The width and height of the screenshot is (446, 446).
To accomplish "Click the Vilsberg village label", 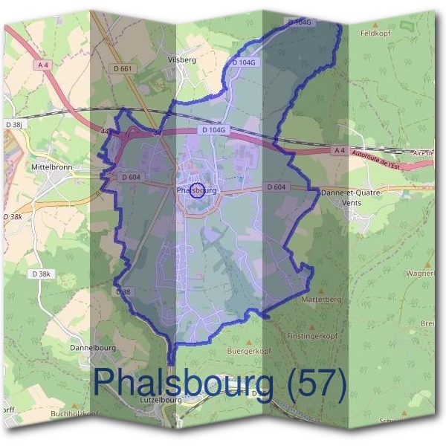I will click(x=183, y=59).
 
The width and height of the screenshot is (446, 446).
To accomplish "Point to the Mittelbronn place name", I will click(x=51, y=168).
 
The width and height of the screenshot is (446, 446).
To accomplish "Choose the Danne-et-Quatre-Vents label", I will click(x=352, y=197).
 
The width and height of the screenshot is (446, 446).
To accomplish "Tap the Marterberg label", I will click(x=321, y=300).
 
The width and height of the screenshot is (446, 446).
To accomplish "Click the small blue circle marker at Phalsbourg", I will click(x=197, y=190).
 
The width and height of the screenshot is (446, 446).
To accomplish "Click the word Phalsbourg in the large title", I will click(x=182, y=383).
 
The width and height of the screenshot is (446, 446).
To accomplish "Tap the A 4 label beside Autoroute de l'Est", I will click(x=338, y=150).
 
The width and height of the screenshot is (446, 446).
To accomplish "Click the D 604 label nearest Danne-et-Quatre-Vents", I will click(x=276, y=187).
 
